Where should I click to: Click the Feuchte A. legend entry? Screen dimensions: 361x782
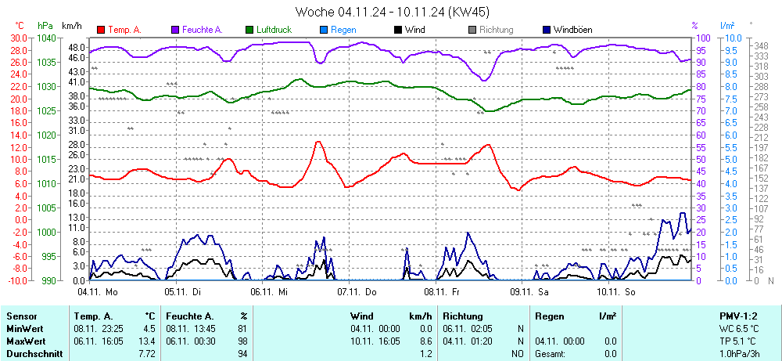203,30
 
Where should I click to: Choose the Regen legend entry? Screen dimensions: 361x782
344,30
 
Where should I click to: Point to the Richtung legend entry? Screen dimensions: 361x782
496,30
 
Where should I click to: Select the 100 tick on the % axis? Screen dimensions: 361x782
703,38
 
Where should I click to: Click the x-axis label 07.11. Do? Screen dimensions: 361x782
357,291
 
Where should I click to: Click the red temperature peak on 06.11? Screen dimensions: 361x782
318,142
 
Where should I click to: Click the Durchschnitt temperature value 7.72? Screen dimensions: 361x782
146,354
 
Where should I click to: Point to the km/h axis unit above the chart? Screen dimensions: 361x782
72,26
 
